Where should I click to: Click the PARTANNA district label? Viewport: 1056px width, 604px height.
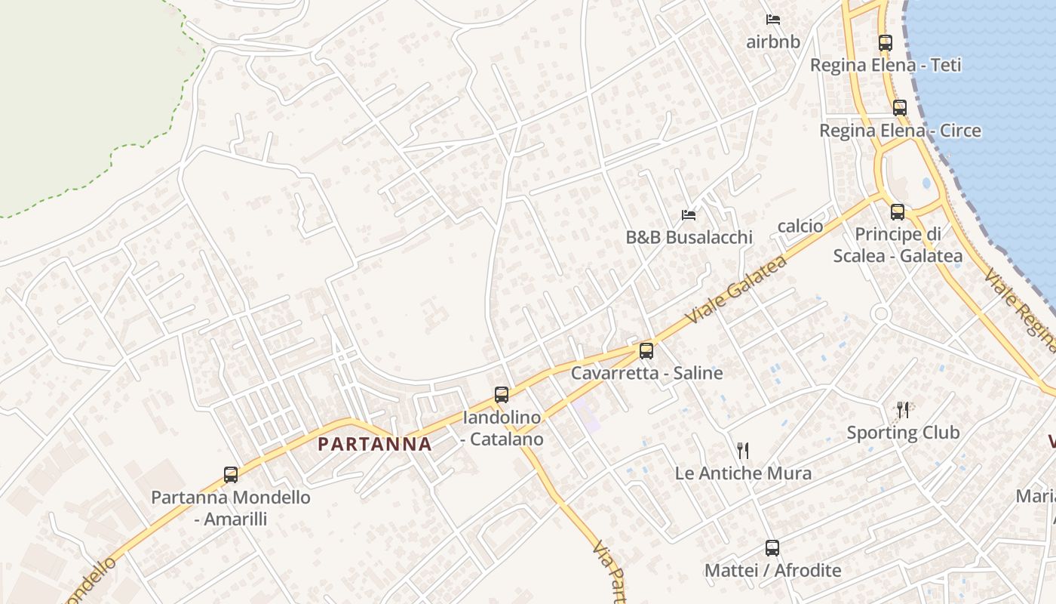[375, 444]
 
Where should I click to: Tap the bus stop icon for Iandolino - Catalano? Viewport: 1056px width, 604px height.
[502, 394]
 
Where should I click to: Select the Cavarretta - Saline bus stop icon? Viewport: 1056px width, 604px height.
[646, 350]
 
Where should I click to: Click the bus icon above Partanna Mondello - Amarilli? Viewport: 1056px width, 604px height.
[231, 475]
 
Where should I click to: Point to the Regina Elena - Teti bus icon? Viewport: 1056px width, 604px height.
[886, 43]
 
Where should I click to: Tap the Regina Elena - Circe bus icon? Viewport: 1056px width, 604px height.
[900, 108]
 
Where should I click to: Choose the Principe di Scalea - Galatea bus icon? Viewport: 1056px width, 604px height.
[898, 212]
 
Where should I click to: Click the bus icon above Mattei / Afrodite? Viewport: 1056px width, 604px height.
[772, 548]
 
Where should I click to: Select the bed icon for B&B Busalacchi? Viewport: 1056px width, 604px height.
[689, 215]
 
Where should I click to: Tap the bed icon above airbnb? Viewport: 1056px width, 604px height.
[773, 20]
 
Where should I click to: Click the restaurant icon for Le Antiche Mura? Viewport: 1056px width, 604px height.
[743, 451]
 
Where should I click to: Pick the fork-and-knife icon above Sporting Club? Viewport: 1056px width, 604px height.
[903, 410]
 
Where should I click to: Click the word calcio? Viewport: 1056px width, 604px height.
[800, 226]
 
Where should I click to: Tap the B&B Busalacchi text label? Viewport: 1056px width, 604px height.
[689, 237]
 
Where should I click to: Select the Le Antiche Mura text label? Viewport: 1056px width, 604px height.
[743, 473]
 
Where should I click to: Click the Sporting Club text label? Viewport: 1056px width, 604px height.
[903, 433]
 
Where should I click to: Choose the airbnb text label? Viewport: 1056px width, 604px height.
[773, 42]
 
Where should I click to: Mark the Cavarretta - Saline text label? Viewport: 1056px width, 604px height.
[646, 373]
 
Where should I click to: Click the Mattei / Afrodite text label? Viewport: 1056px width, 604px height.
[772, 570]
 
